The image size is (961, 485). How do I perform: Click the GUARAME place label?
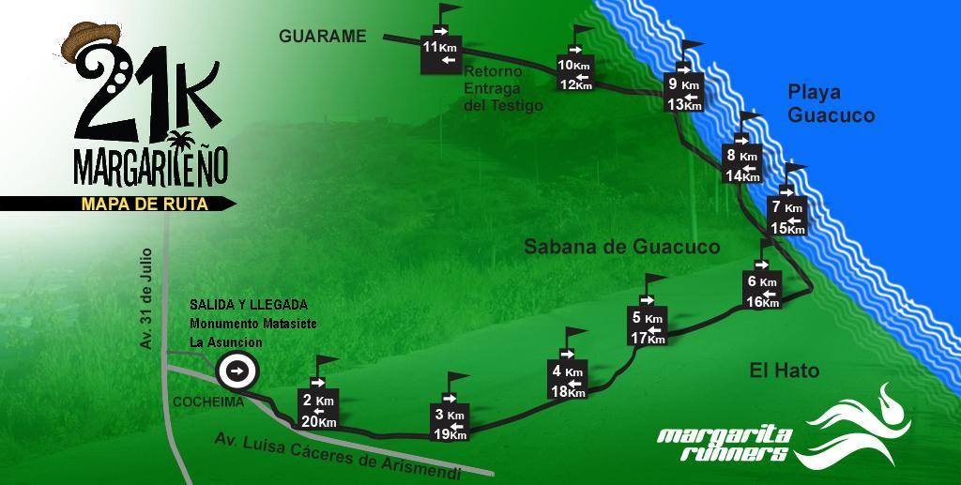click(x=322, y=37)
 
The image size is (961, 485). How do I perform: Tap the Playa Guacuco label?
click(x=831, y=104)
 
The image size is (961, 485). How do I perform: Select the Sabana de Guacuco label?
click(x=621, y=247)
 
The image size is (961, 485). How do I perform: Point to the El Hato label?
click(x=784, y=371)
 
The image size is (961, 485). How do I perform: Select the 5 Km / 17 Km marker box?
click(x=648, y=327)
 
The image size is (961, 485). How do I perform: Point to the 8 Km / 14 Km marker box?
click(x=742, y=165)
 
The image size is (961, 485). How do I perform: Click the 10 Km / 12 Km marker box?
click(x=574, y=74)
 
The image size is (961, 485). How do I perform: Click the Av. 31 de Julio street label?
click(x=146, y=298)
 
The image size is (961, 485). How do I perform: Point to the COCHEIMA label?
click(x=207, y=402)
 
